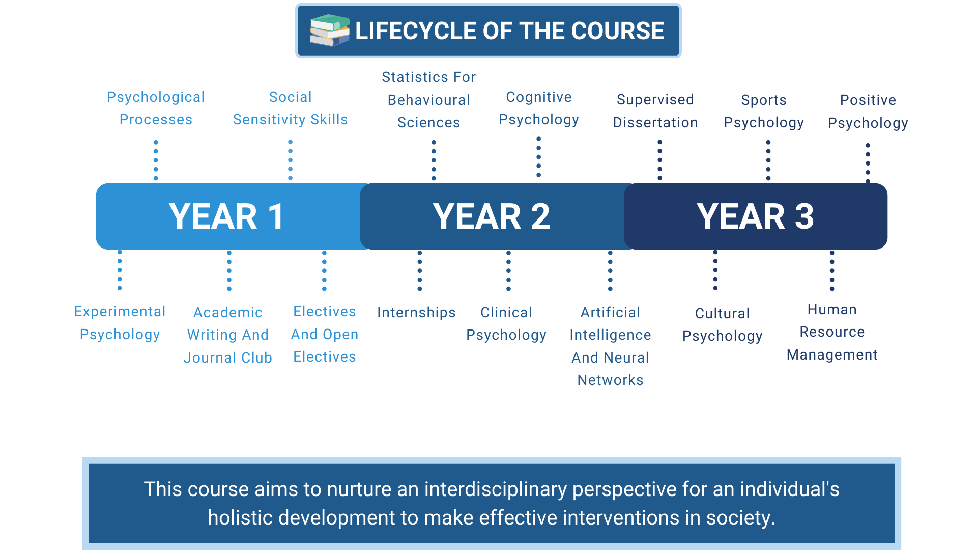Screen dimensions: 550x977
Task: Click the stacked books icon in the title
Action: (x=330, y=31)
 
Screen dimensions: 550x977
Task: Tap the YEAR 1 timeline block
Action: (x=227, y=216)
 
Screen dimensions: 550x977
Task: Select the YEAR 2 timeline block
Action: (x=492, y=216)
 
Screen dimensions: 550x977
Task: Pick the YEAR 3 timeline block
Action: (x=756, y=216)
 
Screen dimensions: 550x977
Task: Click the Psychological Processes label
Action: (x=156, y=108)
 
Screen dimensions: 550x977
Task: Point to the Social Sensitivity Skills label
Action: (x=290, y=108)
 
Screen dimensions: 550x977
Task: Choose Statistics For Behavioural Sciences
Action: (x=428, y=100)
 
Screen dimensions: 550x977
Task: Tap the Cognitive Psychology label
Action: (x=539, y=108)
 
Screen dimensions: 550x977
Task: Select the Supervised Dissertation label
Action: (x=655, y=111)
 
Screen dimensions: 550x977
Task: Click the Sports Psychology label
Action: (x=764, y=111)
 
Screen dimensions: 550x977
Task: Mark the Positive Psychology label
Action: (x=868, y=111)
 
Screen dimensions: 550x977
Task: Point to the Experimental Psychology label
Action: (x=120, y=323)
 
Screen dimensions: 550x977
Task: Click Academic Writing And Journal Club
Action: (x=228, y=335)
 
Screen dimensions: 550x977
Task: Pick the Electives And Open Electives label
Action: (x=325, y=334)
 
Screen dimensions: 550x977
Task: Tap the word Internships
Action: (x=416, y=312)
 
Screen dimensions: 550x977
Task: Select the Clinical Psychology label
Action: (x=506, y=323)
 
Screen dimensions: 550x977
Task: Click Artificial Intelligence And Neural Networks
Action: (x=610, y=346)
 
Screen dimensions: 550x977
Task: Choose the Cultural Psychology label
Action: (x=723, y=324)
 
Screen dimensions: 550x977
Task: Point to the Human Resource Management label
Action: (x=832, y=332)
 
